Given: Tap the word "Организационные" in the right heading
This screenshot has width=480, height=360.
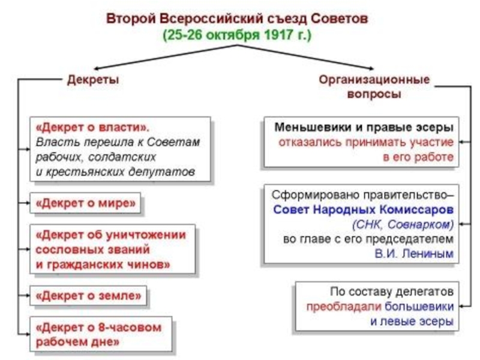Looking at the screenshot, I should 374,79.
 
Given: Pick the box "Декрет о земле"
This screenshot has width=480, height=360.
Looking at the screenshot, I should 89,295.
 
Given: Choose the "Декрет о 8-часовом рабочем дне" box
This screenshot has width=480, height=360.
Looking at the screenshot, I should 100,335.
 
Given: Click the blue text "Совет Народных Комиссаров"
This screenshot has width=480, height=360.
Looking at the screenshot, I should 364,210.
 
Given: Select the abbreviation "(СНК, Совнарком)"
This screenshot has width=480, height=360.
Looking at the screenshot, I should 403,224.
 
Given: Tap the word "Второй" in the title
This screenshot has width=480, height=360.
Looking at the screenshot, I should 127,19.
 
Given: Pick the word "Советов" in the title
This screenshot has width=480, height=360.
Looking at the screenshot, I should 343,19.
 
